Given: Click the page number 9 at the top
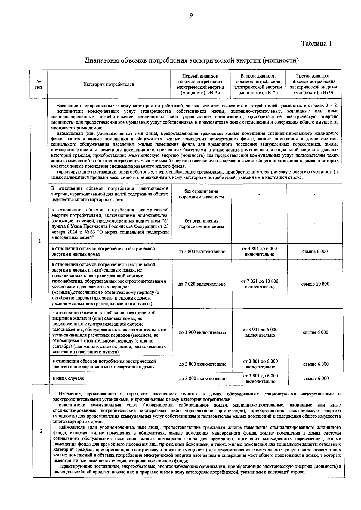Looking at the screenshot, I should click(191, 16).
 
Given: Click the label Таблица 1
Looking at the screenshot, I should click(316, 43).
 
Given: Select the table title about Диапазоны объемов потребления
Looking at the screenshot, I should click(191, 60).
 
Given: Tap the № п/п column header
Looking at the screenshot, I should click(39, 84).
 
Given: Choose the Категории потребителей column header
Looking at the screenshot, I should click(109, 84).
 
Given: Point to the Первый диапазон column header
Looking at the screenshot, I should click(200, 84).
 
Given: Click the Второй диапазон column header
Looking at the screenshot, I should click(258, 84).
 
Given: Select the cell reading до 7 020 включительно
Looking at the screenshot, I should click(202, 284).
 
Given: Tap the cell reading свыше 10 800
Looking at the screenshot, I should click(315, 284).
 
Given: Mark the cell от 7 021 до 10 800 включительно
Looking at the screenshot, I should click(260, 284).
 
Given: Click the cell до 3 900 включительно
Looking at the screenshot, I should click(202, 333).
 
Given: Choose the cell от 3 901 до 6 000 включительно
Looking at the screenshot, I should click(260, 333).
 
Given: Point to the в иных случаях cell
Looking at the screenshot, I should click(68, 379).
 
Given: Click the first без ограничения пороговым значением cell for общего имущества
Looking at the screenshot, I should click(201, 194).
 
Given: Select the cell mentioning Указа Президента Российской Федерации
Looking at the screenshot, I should click(110, 223).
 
